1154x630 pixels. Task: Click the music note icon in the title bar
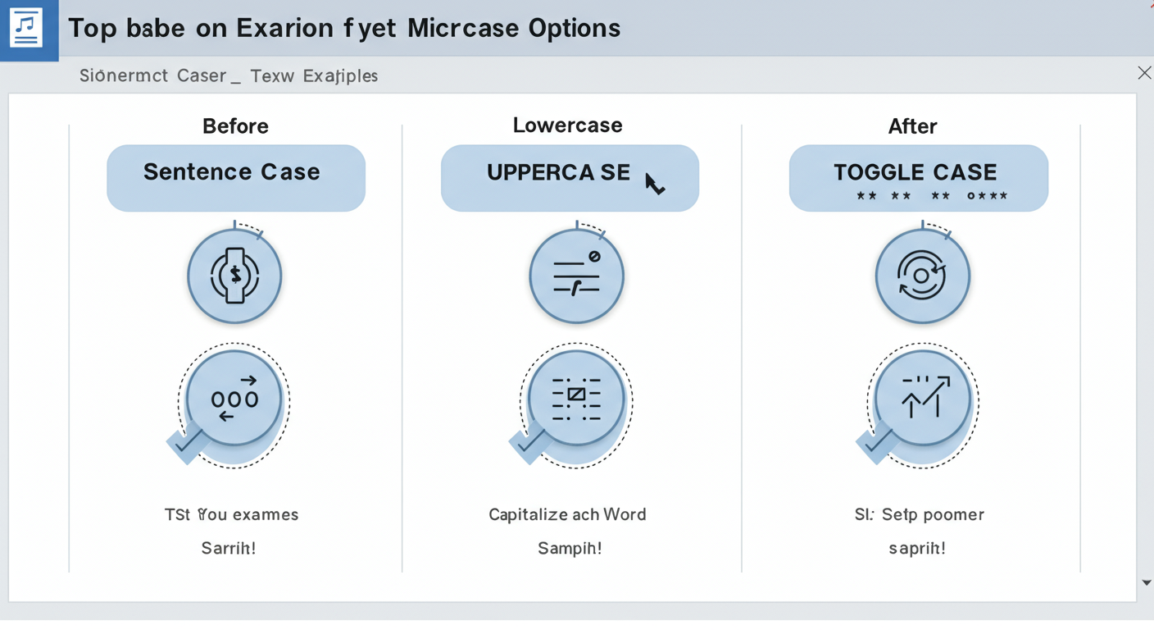click(26, 29)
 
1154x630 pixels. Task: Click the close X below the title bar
click(1144, 74)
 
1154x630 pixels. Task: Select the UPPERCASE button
click(569, 178)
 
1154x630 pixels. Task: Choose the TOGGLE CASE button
click(918, 178)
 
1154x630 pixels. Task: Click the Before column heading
click(235, 126)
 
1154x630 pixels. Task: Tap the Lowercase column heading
click(567, 126)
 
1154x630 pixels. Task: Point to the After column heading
click(912, 126)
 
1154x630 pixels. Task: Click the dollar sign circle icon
click(234, 276)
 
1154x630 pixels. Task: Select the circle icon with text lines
click(576, 276)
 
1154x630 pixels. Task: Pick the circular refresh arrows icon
click(922, 276)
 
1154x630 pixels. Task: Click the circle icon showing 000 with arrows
click(234, 399)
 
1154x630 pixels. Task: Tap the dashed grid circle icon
click(576, 399)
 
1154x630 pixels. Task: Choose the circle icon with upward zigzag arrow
click(923, 399)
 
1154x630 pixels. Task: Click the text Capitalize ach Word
click(567, 515)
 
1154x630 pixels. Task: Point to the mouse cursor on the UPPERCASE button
click(653, 183)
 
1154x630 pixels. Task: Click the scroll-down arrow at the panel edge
click(1146, 582)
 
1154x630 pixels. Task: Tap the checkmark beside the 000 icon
click(188, 443)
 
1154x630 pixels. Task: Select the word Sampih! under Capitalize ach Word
click(570, 548)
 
